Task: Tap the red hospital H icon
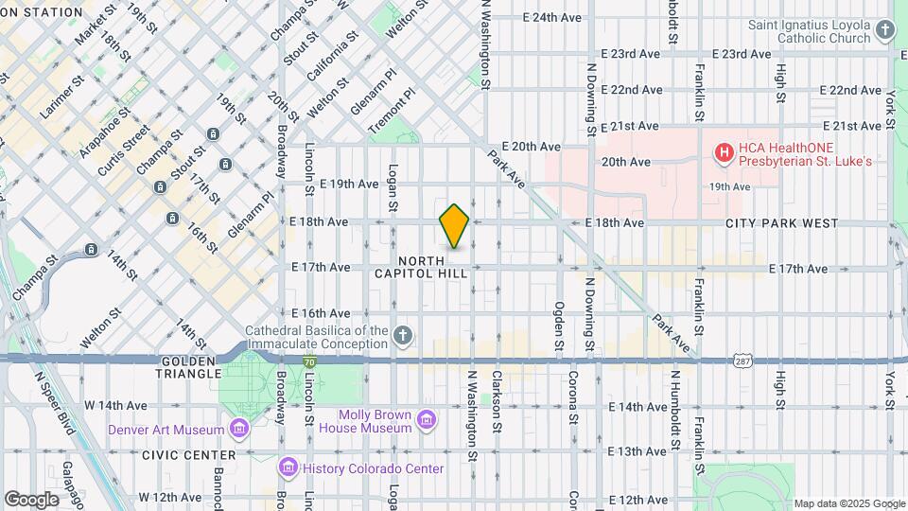725,152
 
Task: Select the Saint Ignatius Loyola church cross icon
885,31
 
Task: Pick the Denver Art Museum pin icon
239,431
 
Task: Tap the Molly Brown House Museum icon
426,419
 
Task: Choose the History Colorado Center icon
288,467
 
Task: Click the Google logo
32,499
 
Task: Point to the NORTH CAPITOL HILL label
433,267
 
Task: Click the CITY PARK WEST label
781,223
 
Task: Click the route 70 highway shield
309,361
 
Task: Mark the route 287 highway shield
742,361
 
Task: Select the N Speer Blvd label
54,402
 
